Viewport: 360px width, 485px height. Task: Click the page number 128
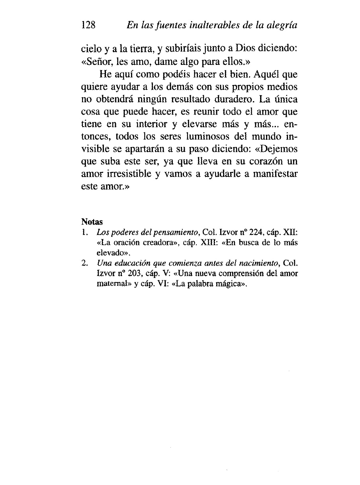click(88, 25)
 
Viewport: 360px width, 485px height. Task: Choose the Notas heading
click(92, 221)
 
